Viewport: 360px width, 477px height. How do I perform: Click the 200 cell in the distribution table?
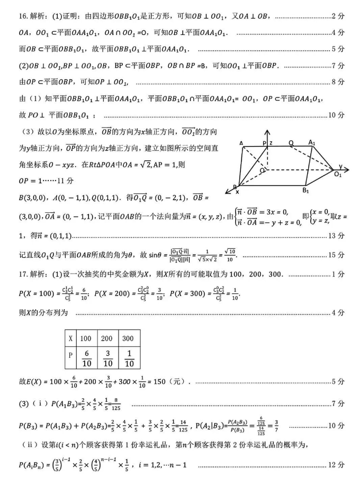(x=107, y=338)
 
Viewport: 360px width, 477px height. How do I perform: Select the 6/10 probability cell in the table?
(x=86, y=358)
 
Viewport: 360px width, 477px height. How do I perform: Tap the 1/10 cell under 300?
(x=128, y=358)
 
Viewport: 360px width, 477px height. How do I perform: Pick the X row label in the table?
(x=70, y=338)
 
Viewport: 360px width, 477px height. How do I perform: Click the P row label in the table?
(x=70, y=357)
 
